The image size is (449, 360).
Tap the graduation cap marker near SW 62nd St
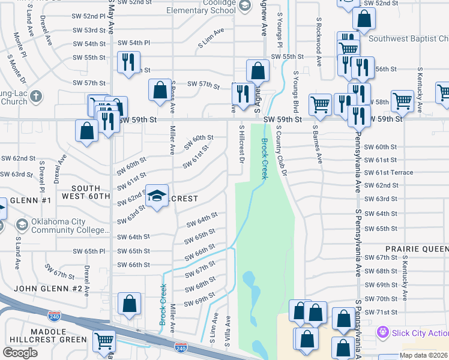coord(157,197)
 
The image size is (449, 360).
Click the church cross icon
coord(35,96)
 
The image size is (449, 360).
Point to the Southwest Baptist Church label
coord(409,39)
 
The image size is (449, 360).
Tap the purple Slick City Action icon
coord(382,332)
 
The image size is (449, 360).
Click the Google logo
coord(20,353)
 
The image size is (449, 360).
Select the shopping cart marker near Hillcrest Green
coord(104,341)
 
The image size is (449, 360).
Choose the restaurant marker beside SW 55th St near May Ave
coord(128,63)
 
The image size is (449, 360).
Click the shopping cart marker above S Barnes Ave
coord(321,104)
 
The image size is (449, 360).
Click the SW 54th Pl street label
coord(133,43)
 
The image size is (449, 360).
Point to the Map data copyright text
coord(423,355)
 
